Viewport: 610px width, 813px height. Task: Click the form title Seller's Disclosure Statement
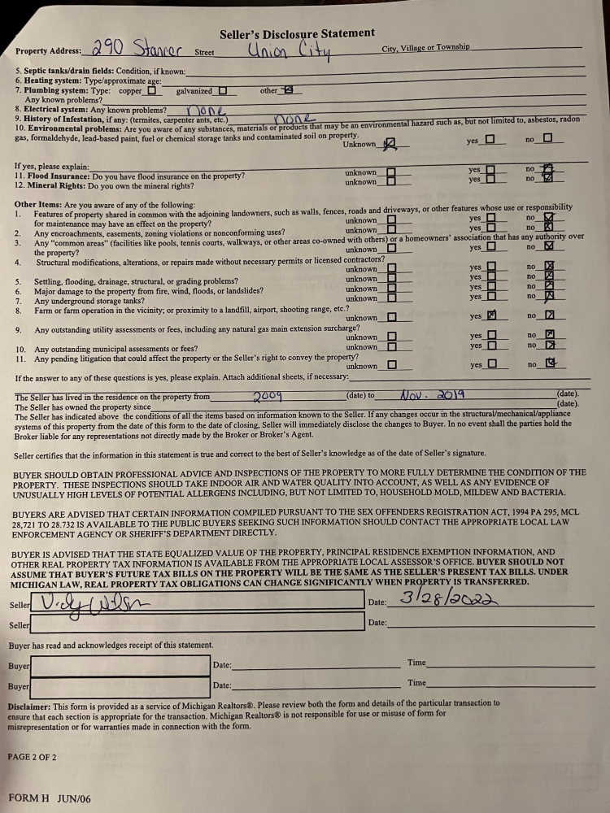point(297,33)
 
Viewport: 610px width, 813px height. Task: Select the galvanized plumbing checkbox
point(222,91)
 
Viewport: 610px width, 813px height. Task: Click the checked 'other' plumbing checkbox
point(286,91)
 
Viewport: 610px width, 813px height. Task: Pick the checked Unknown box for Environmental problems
point(389,145)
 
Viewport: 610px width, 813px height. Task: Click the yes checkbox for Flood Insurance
point(490,170)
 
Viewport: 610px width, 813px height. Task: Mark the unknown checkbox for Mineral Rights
point(391,182)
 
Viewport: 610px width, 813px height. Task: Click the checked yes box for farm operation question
point(490,316)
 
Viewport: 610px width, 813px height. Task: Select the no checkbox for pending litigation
point(551,364)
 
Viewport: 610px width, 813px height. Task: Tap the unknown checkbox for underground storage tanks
point(391,298)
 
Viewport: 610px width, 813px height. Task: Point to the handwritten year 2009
point(268,396)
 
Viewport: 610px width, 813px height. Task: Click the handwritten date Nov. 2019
point(432,395)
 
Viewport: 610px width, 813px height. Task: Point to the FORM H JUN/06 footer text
point(50,798)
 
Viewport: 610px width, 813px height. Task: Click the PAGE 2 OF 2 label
point(32,757)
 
